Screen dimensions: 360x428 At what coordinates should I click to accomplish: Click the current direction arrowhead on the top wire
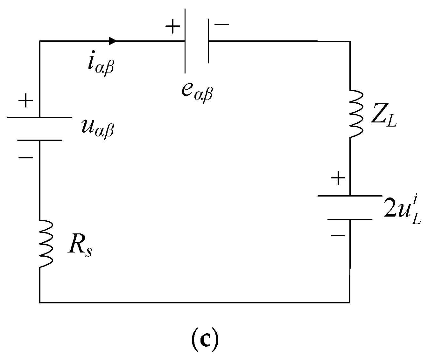coord(112,41)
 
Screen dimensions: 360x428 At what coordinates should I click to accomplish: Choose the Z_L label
coord(383,118)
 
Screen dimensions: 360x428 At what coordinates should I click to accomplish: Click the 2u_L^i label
coord(402,210)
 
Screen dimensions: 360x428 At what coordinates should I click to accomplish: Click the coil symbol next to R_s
coord(46,244)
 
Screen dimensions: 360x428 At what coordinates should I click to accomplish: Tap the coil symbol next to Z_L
coord(356,114)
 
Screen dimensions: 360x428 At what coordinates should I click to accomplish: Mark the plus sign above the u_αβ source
coord(26,101)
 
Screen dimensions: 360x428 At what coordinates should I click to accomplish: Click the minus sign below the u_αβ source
coord(26,157)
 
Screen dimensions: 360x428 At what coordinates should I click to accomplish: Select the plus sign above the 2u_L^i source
coord(338,179)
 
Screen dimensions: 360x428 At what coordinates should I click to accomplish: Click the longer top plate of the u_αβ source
coord(39,117)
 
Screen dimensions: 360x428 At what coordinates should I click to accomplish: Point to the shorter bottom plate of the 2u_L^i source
coord(350,219)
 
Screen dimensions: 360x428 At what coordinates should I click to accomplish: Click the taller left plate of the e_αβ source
coord(185,41)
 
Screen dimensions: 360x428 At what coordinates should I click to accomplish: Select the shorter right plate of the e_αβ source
coord(208,41)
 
